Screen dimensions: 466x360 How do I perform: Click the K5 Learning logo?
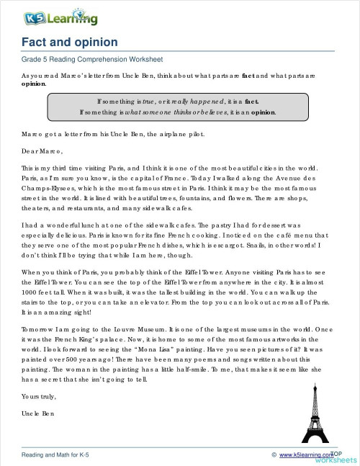[50, 17]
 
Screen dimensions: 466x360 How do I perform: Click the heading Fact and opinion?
[70, 42]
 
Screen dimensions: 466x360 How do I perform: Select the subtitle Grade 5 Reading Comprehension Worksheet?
[92, 59]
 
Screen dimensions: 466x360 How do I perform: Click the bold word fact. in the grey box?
[253, 101]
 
